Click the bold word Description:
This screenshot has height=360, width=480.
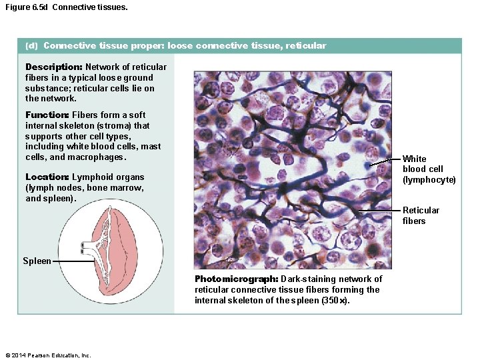tap(53, 67)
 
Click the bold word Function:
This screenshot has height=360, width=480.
tap(47, 115)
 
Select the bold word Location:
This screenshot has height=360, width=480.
tap(47, 177)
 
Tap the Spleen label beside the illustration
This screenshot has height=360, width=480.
tap(37, 261)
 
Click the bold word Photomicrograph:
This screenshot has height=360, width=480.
tap(236, 279)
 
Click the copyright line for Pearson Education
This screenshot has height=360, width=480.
tap(47, 355)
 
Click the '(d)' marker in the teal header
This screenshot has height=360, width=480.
tap(31, 46)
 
